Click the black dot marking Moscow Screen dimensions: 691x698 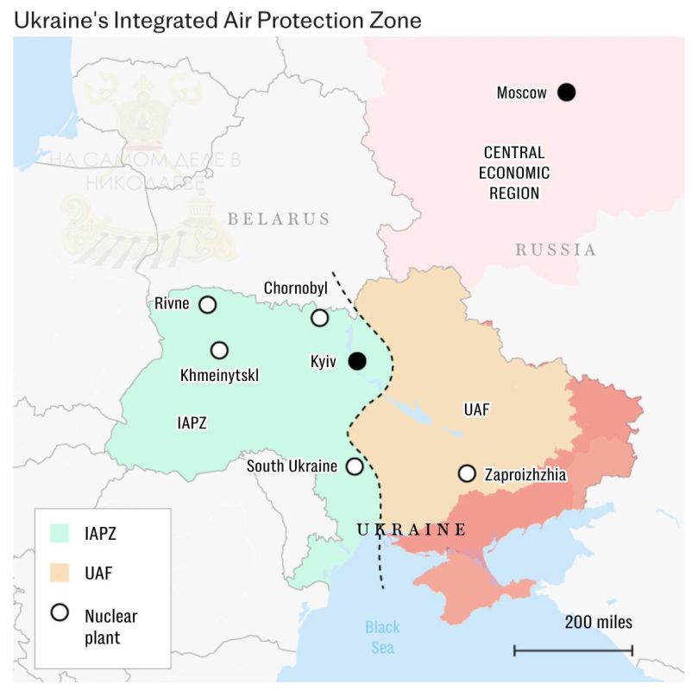(x=566, y=92)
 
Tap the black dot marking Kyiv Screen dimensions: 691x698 (x=357, y=361)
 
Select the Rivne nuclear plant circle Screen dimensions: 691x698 (x=208, y=304)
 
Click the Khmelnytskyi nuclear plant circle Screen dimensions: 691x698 (x=220, y=350)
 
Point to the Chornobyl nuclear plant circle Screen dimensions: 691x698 (x=320, y=318)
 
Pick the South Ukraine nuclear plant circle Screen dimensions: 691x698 (x=355, y=466)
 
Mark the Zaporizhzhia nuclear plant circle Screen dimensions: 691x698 (x=467, y=473)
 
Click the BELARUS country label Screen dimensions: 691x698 (x=279, y=219)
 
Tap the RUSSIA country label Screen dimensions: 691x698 (x=556, y=250)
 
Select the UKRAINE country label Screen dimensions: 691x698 (x=412, y=529)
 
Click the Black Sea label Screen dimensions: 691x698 (x=382, y=637)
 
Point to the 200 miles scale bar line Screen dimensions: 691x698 (x=574, y=650)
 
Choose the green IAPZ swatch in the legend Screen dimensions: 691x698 (x=60, y=533)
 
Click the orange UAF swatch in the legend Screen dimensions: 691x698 (x=60, y=573)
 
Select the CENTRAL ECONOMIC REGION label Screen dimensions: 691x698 (x=514, y=172)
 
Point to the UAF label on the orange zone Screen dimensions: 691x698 (x=476, y=410)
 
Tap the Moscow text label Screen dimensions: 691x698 (x=521, y=92)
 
